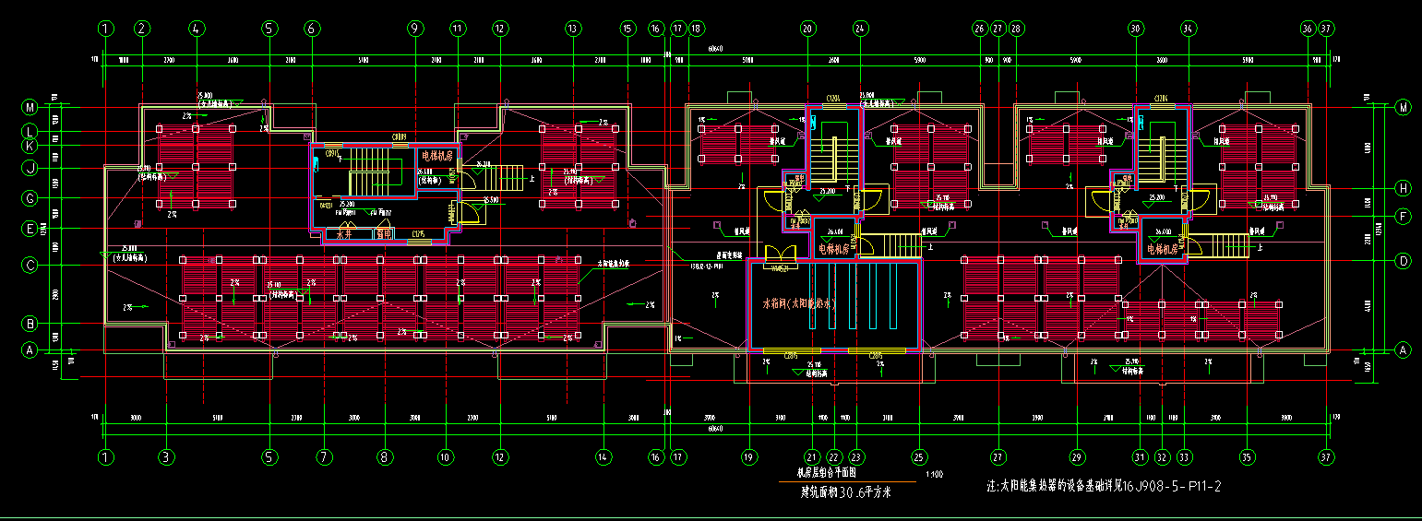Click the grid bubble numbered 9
[415, 29]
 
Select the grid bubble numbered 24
[860, 29]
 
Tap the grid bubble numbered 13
[573, 29]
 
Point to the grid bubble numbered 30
[1136, 29]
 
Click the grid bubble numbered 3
[166, 456]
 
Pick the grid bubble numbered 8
[385, 456]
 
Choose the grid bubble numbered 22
[833, 456]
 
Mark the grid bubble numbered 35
[1247, 456]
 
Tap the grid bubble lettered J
[30, 168]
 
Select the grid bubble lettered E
[30, 228]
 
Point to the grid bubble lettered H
[1404, 188]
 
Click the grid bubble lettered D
[1404, 261]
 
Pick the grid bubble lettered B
[30, 324]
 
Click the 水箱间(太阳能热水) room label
[798, 303]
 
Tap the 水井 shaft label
[344, 235]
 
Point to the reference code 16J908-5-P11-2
[1171, 486]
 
